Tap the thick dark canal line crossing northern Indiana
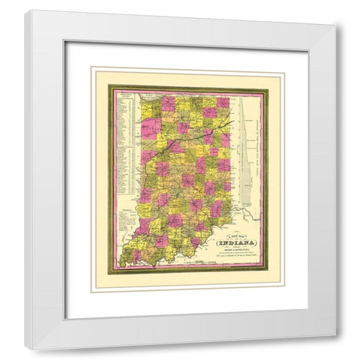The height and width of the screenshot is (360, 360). coord(187,132)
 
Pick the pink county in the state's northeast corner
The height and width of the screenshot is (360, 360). coord(223,103)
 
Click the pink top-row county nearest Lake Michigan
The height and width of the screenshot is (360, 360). coord(169,103)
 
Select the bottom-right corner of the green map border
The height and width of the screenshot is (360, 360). coord(268,272)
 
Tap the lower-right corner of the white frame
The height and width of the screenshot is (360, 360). coord(335,349)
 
